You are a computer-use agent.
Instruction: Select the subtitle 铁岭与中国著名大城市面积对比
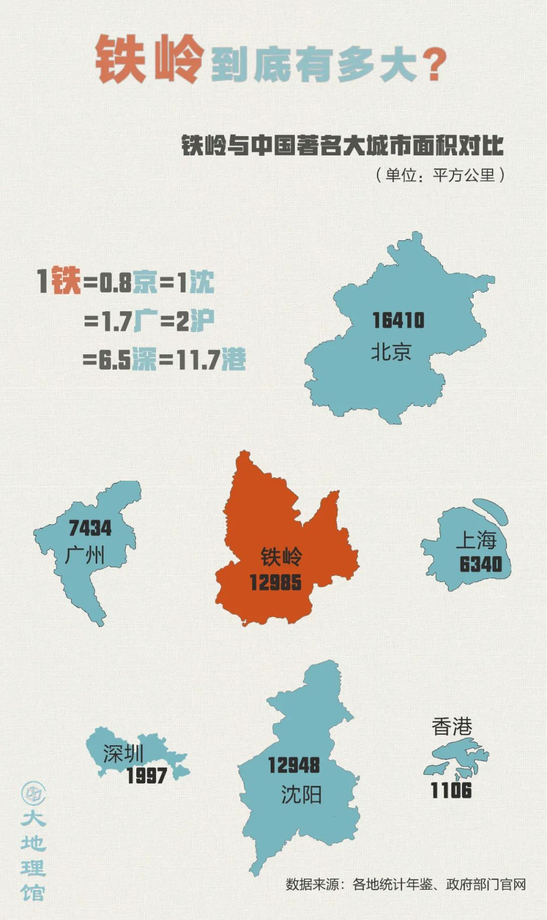342,146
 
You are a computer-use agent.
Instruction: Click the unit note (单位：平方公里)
440,175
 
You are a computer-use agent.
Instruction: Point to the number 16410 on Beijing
398,320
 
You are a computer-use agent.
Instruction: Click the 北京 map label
391,352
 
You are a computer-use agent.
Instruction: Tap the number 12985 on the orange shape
276,582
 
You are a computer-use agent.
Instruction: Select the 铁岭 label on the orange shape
281,557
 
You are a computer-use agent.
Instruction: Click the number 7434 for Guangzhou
90,528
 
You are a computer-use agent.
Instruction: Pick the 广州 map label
85,555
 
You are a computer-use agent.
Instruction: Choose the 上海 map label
476,540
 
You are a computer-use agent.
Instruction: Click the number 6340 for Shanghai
481,564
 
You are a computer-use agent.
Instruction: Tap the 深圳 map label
123,754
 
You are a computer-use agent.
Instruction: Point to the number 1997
146,776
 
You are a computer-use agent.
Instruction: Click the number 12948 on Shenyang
294,765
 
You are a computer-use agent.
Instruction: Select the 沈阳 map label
301,795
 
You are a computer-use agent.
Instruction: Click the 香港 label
452,727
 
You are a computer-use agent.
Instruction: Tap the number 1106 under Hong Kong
451,790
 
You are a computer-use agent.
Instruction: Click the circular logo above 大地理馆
33,793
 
